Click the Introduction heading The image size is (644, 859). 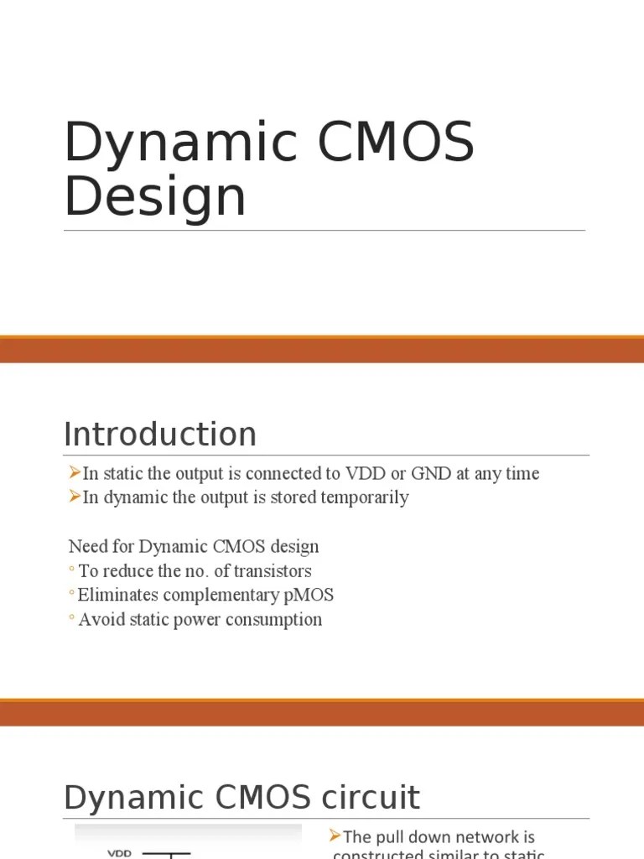(x=160, y=435)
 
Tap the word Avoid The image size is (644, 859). (x=99, y=620)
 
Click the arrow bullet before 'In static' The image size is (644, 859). (x=75, y=473)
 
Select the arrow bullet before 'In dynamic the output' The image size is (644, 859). (x=75, y=497)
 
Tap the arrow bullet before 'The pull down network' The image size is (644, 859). (x=335, y=836)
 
